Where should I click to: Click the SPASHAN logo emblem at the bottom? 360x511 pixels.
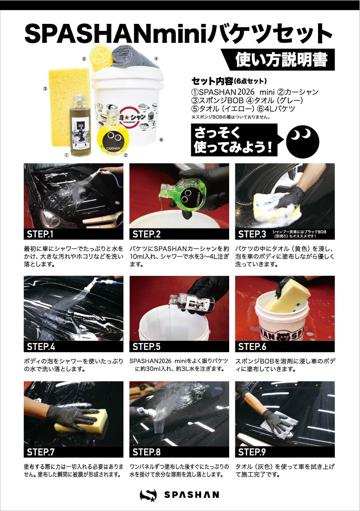(x=148, y=495)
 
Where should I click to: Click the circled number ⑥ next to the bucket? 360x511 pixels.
(x=161, y=140)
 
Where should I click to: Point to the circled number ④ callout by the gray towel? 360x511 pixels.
(x=156, y=58)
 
